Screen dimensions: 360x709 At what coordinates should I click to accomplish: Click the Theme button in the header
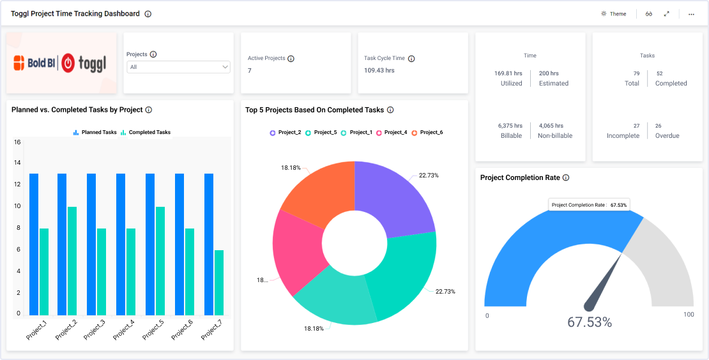point(614,14)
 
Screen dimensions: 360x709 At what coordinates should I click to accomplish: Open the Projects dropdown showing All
point(178,67)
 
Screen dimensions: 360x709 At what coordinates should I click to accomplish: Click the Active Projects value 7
point(250,70)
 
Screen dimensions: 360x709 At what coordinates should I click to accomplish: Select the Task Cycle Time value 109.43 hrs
point(379,70)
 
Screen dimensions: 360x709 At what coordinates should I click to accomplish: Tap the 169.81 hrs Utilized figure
point(508,73)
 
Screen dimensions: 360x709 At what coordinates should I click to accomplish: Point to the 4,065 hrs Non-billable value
point(551,126)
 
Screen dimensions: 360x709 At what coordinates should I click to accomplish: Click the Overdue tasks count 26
point(659,126)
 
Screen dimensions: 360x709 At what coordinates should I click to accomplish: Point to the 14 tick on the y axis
point(18,163)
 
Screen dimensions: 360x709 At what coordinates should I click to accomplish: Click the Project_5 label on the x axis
point(153,329)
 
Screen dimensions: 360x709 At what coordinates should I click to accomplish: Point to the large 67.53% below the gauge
point(590,322)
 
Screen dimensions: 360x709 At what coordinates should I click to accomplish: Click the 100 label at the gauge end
point(689,315)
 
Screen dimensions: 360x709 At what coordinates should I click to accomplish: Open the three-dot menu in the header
point(691,14)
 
